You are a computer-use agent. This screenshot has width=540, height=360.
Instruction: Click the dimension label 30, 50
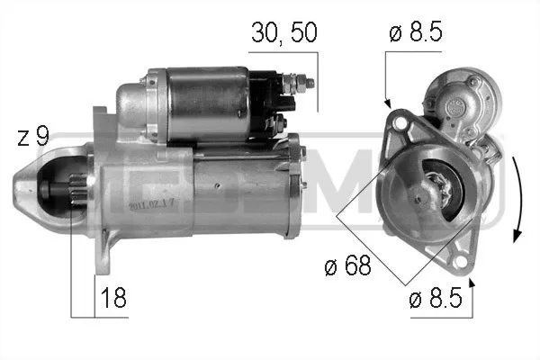click(283, 33)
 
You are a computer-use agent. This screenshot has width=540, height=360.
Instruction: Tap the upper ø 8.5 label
click(415, 32)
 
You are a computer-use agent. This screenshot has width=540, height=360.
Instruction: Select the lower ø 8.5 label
click(436, 298)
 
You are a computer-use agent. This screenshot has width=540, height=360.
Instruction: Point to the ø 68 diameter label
click(347, 265)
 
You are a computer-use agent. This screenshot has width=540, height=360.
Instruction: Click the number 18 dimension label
click(113, 298)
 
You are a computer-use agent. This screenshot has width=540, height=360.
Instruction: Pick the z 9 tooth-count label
click(33, 136)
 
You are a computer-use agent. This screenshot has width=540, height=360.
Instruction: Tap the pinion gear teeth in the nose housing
click(77, 189)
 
